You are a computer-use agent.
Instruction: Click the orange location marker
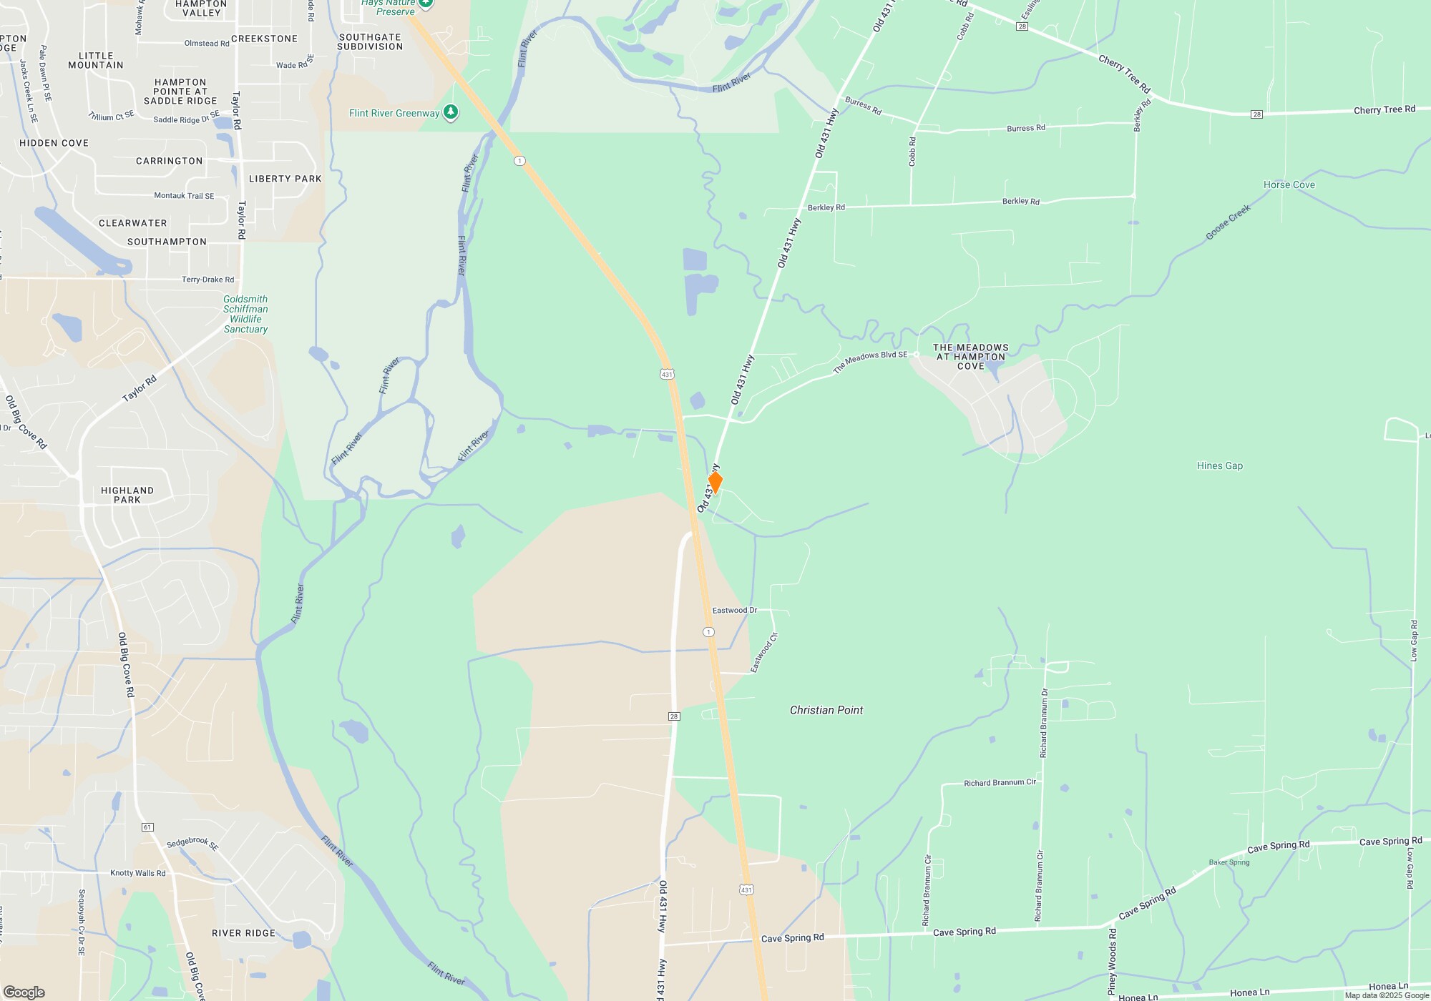coord(715,482)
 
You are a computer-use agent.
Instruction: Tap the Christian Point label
coord(826,710)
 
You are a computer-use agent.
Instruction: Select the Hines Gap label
coord(1220,465)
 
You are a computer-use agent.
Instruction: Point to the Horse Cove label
coord(1289,184)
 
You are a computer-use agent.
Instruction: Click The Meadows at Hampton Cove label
coord(970,357)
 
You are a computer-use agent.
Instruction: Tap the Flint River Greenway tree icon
coord(451,112)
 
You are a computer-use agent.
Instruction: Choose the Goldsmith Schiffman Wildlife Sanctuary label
coord(245,314)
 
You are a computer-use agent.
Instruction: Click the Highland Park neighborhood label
coord(127,495)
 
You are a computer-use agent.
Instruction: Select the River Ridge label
coord(243,933)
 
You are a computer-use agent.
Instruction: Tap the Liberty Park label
coord(285,179)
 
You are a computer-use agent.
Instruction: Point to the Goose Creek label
coord(1228,222)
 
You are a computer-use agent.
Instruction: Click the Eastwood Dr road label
coord(734,611)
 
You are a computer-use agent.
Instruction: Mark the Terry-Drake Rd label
coord(207,280)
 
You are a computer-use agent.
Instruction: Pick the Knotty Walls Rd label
coord(137,873)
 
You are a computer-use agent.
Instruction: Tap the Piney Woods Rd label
coord(1112,962)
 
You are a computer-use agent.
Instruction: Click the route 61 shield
coord(147,827)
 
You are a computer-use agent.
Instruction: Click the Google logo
coord(24,992)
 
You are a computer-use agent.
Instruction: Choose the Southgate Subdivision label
coord(370,41)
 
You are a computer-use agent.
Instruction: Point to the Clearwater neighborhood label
coord(132,223)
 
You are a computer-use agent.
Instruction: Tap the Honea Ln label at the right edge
coord(1388,987)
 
